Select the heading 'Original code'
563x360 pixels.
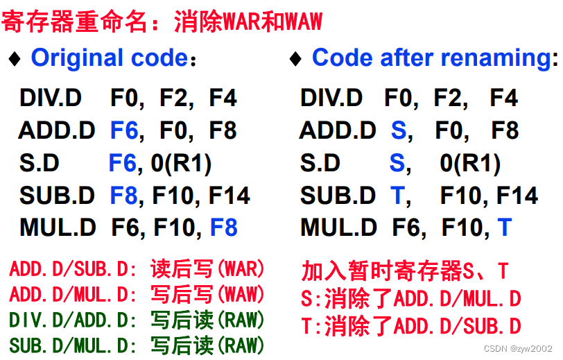(x=110, y=58)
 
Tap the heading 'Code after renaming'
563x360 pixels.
(x=431, y=58)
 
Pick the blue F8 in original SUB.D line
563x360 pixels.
(x=124, y=196)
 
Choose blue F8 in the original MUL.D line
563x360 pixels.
(x=224, y=228)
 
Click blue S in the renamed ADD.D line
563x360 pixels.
(x=398, y=130)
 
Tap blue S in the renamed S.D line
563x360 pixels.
(x=397, y=163)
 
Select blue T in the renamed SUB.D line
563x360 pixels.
(x=397, y=196)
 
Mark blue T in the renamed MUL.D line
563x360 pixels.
(x=504, y=228)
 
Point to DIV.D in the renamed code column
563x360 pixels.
(x=331, y=98)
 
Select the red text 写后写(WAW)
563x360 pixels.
(x=207, y=295)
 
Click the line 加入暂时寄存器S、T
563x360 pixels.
(x=405, y=271)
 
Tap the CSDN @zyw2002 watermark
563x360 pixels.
(x=517, y=348)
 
